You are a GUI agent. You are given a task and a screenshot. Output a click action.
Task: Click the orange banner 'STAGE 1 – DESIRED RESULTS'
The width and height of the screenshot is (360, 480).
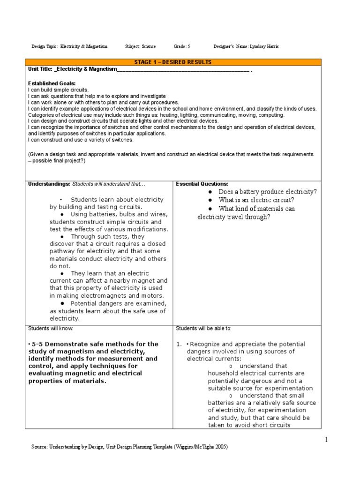click(x=173, y=62)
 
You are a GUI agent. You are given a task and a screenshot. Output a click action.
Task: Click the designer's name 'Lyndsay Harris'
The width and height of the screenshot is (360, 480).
click(x=269, y=46)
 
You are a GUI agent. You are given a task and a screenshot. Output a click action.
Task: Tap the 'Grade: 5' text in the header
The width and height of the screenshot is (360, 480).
click(x=182, y=46)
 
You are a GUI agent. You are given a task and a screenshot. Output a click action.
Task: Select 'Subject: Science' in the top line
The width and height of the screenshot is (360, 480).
click(x=140, y=46)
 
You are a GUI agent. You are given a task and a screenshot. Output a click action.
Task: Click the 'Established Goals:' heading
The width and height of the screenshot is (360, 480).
click(x=52, y=83)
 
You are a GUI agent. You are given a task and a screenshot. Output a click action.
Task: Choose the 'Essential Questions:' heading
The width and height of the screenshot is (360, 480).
click(x=202, y=184)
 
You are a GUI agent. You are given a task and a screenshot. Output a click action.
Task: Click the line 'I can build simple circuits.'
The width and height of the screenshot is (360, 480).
click(x=58, y=89)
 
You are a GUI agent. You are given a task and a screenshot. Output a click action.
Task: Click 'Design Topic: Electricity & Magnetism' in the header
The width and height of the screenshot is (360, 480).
click(x=69, y=46)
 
